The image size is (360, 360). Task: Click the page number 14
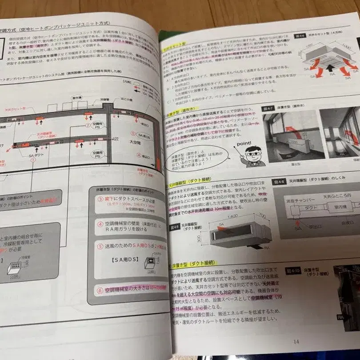coord(296,341)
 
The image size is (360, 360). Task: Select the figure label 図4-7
coord(268,108)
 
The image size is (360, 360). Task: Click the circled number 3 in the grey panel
coord(100,199)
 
